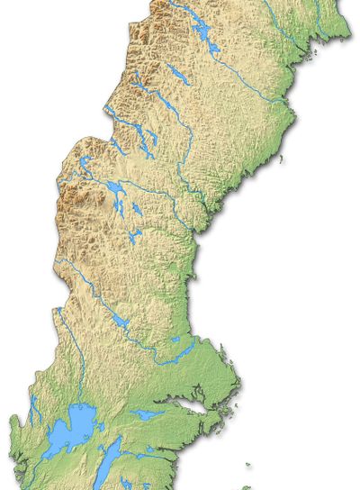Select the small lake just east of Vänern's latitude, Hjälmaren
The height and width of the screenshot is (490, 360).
pyautogui.click(x=143, y=415)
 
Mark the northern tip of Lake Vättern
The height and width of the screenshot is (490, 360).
pyautogui.click(x=116, y=443)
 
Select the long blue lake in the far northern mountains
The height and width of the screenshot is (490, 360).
pyautogui.click(x=203, y=32)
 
